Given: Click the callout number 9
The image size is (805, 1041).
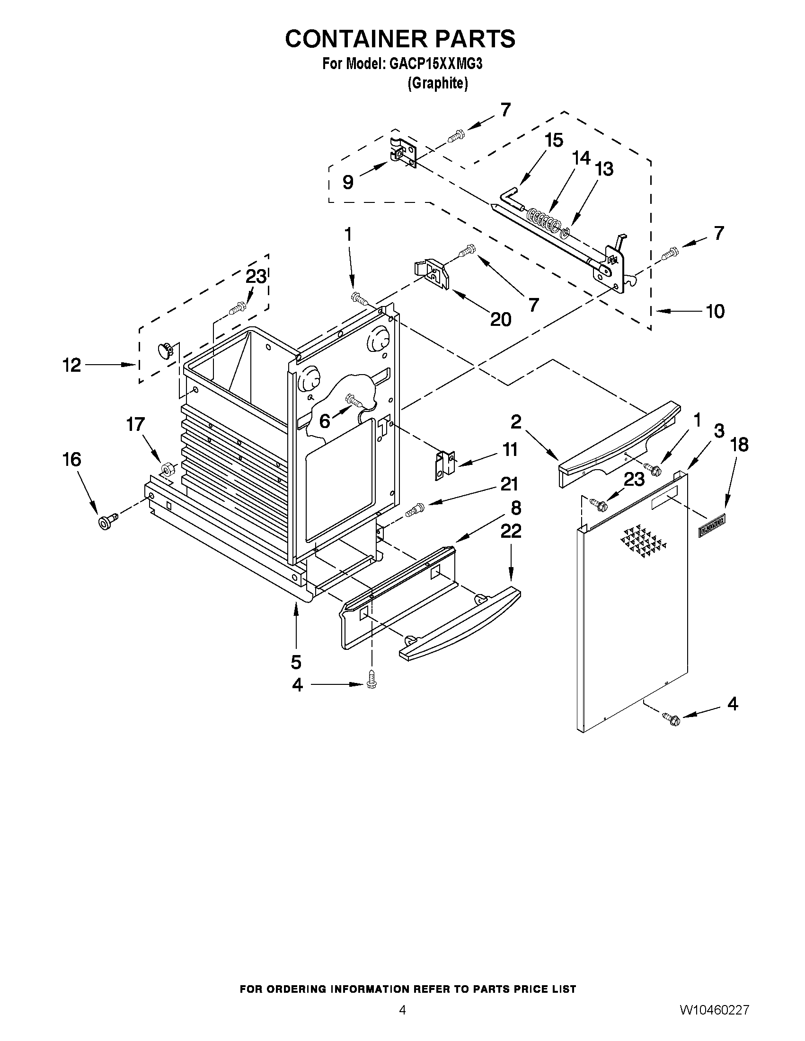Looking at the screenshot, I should (348, 182).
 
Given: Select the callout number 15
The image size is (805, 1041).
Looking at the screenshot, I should (554, 140).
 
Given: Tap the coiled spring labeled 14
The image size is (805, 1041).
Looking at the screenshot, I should (544, 221).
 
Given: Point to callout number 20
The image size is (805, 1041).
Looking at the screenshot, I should (501, 319).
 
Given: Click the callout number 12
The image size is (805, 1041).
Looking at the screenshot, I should (72, 366).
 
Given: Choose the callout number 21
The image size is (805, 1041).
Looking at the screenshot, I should (509, 484).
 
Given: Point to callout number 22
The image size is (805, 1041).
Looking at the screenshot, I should (510, 531).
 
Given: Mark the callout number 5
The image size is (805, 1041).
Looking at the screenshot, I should (296, 662).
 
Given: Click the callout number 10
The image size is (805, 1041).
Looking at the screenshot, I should (715, 311).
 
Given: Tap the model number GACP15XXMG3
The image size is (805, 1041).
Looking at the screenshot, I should (436, 64).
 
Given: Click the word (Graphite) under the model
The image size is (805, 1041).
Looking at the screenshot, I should (437, 83).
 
